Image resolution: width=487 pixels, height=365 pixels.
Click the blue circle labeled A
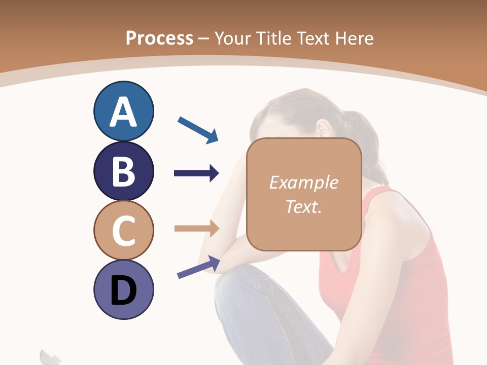click(123, 111)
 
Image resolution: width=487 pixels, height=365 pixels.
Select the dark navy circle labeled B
click(123, 171)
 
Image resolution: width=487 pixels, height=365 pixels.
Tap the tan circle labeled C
click(123, 230)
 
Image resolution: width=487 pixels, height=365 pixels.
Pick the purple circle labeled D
click(123, 289)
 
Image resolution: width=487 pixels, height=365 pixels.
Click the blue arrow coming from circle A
click(198, 129)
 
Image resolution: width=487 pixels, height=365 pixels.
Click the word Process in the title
click(159, 38)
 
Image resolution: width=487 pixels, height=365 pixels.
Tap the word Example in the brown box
click(303, 182)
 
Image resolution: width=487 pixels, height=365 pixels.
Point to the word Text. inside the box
click(303, 206)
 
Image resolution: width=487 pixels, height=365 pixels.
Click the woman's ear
click(323, 127)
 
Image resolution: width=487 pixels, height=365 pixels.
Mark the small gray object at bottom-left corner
click(50, 357)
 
